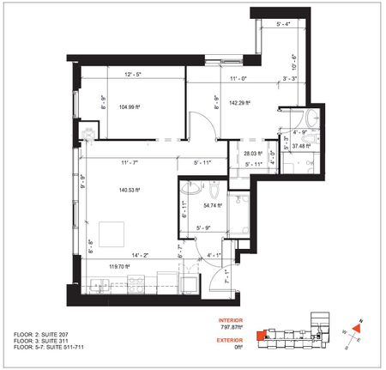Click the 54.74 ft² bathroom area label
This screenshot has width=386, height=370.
click(x=212, y=206)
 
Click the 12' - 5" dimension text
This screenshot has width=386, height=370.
click(x=133, y=74)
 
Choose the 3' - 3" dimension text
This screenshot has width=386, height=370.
click(x=291, y=78)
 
